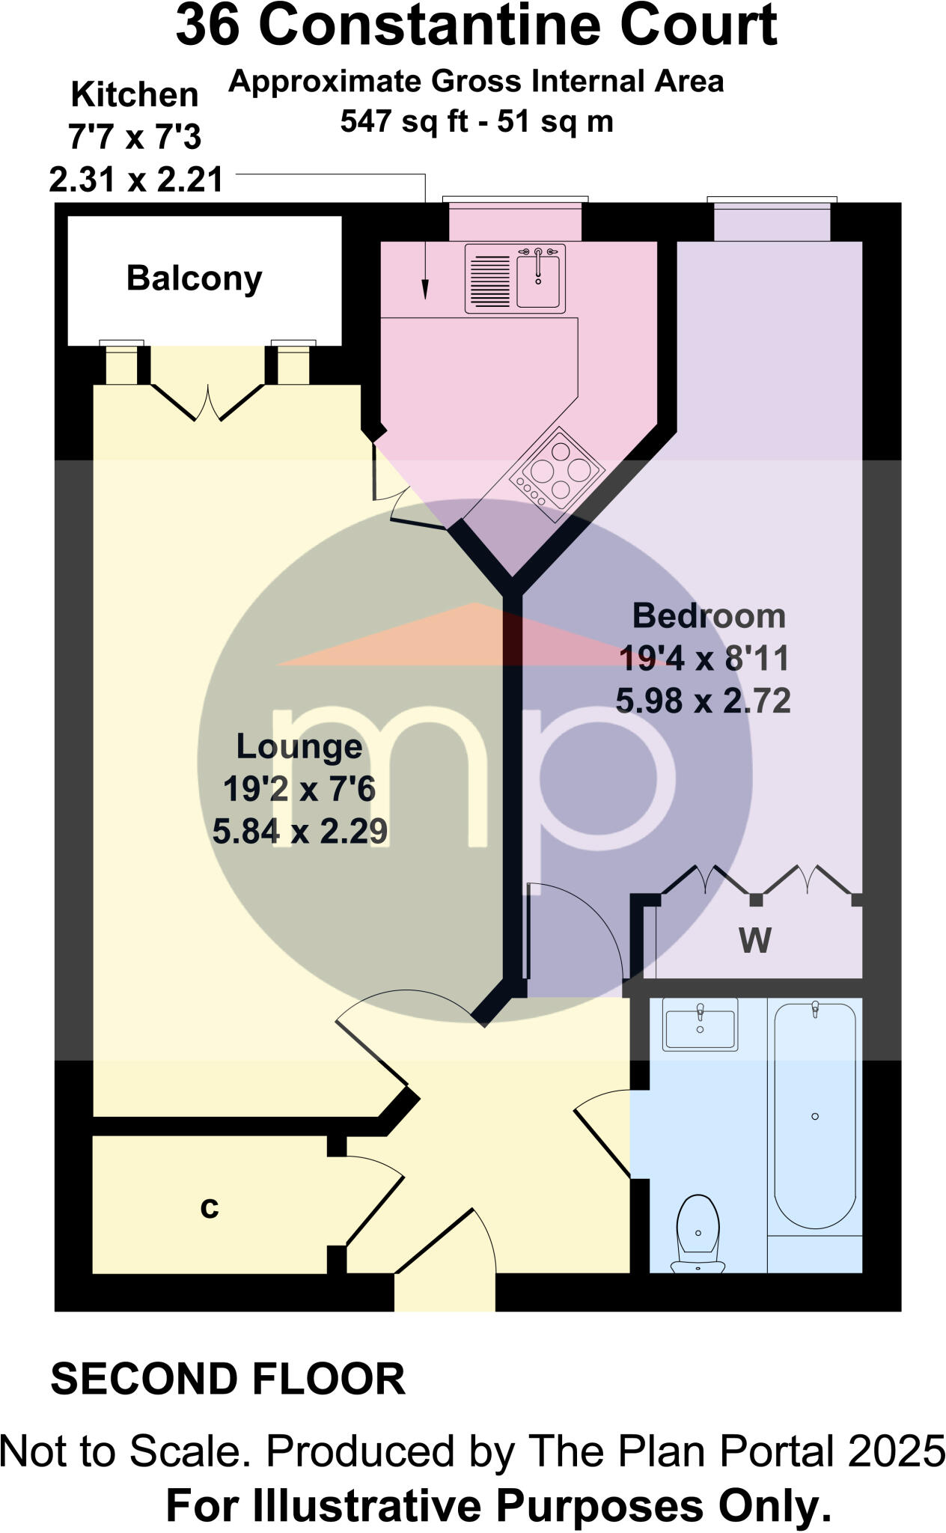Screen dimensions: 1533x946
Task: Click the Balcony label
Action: point(194,278)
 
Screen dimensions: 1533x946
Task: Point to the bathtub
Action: point(814,1115)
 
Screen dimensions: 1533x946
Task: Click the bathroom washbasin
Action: point(700,1023)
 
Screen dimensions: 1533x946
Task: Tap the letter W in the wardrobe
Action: point(754,940)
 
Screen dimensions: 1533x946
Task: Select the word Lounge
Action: point(299,746)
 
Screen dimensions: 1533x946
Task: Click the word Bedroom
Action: point(709,616)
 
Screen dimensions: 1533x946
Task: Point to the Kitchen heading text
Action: point(135,95)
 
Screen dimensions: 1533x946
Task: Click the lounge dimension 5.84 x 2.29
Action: point(299,832)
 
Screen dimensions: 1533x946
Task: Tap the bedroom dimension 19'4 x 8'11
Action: point(704,659)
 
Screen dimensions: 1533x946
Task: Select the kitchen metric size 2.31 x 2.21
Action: point(136,180)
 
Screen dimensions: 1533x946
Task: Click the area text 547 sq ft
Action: point(395,121)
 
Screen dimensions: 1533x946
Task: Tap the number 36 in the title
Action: point(207,27)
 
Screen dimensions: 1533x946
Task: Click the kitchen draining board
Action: point(490,279)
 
